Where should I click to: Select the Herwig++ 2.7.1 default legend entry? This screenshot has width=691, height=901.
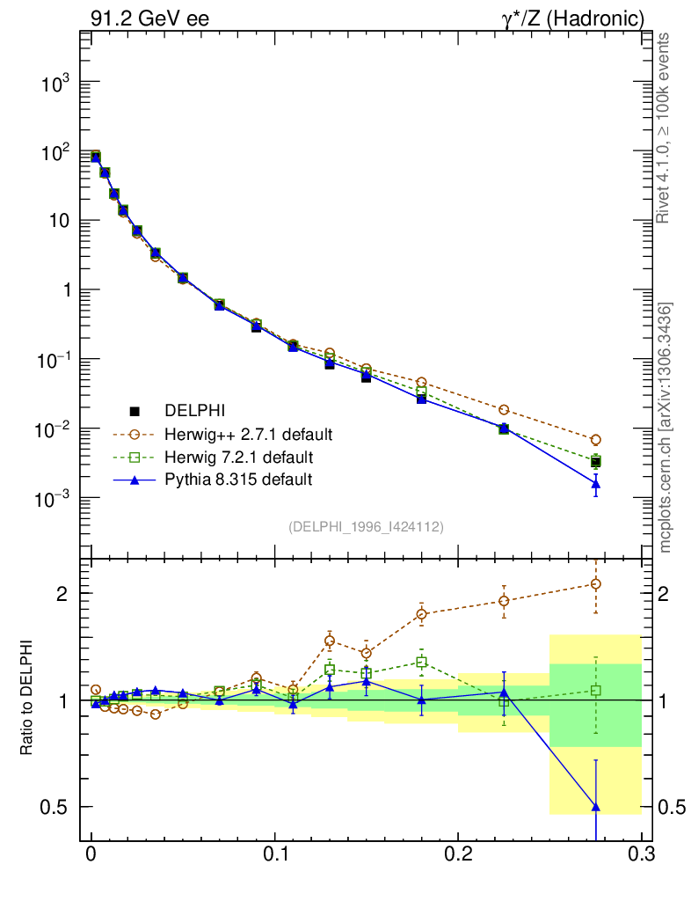point(248,435)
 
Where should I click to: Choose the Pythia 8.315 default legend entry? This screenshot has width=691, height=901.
point(238,480)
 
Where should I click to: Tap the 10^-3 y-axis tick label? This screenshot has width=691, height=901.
point(53,499)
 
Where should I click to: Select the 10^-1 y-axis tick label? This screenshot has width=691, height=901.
point(53,361)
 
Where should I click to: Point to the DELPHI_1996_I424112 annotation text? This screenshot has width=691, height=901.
point(366,527)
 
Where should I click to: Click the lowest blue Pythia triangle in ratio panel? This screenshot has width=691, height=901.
point(596,807)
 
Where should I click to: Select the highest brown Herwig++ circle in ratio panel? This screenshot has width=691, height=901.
point(596,583)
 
